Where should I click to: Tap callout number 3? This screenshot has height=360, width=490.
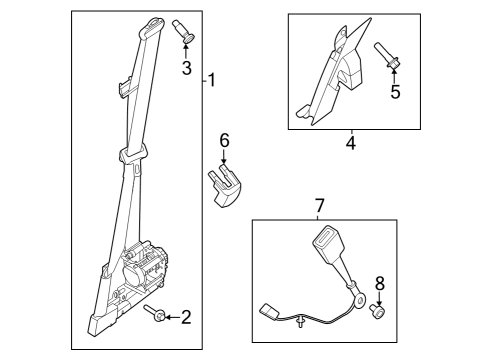click(186, 68)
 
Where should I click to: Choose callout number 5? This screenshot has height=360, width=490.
click(394, 93)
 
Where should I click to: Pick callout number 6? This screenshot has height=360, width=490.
click(225, 143)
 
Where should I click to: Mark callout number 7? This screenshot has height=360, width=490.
click(319, 206)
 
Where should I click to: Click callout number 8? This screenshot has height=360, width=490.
click(379, 285)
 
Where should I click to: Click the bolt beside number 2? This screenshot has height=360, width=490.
click(160, 317)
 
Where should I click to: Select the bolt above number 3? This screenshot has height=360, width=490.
click(186, 31)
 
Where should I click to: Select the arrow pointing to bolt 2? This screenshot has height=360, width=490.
click(171, 317)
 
